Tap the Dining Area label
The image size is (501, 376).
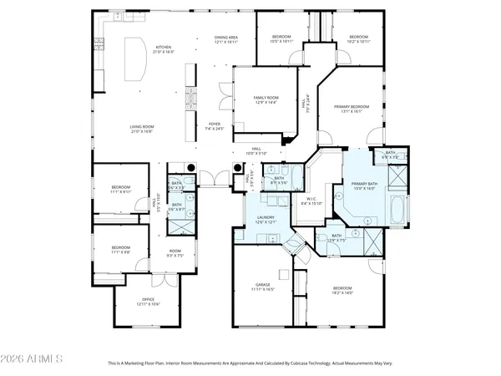(226, 39)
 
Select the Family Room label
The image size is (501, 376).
(265, 100)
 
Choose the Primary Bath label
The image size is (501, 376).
(365, 186)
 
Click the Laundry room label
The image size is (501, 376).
(266, 220)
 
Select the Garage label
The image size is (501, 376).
(262, 287)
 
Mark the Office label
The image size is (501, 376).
(137, 302)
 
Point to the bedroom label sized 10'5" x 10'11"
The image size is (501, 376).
(281, 38)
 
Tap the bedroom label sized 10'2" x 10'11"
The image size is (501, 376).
(358, 38)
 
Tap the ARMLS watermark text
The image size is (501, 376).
(33, 359)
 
